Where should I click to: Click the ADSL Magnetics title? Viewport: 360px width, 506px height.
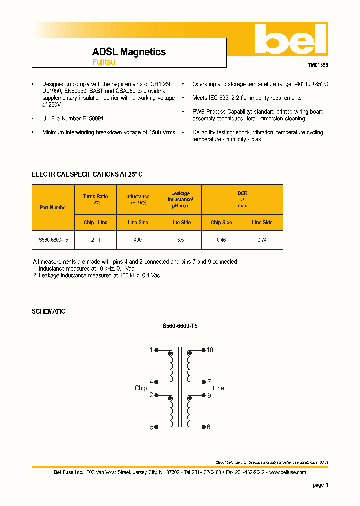(x=129, y=52)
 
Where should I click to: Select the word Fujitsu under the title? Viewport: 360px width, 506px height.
(x=103, y=62)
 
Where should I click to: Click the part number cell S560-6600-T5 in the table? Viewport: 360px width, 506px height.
(x=53, y=240)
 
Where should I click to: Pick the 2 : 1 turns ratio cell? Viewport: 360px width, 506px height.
(x=95, y=240)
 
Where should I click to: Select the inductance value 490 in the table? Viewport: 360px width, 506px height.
(x=137, y=240)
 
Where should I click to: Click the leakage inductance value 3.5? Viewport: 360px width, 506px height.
(x=180, y=240)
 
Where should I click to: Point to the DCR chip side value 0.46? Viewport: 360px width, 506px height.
(x=221, y=240)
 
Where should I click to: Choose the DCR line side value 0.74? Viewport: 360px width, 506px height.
(x=262, y=240)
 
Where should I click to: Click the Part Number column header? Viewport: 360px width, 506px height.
(x=53, y=207)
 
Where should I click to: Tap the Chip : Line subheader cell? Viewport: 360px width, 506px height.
(x=95, y=222)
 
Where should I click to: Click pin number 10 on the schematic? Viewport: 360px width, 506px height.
(x=210, y=350)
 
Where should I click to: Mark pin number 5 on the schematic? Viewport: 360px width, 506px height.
(x=151, y=427)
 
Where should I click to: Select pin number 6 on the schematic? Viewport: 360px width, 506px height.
(x=209, y=427)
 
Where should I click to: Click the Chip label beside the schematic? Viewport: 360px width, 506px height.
(x=140, y=388)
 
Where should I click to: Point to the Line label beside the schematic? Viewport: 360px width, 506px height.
(x=218, y=388)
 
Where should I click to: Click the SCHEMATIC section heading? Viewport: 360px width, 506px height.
(x=48, y=311)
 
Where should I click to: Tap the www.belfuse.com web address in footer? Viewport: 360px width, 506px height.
(x=287, y=472)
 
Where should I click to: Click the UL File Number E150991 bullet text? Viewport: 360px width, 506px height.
(x=73, y=119)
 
